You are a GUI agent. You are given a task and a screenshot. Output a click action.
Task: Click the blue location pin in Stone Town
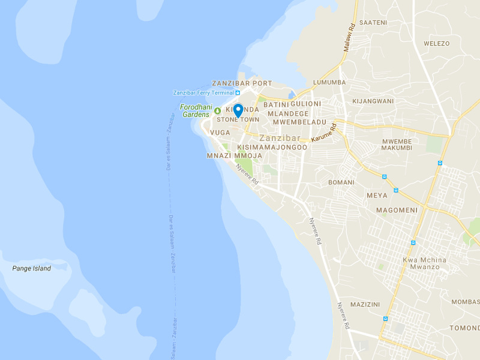tap(238, 110)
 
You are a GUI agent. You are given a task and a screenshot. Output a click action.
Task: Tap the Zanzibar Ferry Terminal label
tap(203, 92)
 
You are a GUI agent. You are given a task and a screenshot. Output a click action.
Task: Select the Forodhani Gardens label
tap(194, 110)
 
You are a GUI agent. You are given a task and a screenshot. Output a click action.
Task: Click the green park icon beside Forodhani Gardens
tap(217, 110)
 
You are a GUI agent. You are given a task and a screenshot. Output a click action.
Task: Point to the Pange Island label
tap(32, 268)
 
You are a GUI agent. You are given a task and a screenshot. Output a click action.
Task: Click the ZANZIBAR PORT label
tap(242, 83)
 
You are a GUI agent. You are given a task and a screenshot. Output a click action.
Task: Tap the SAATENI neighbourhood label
tap(373, 22)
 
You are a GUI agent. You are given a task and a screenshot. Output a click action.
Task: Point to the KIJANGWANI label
tap(373, 101)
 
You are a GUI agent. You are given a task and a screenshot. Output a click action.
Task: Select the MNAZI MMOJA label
tap(234, 155)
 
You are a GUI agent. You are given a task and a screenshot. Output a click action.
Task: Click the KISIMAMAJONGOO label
tap(272, 147)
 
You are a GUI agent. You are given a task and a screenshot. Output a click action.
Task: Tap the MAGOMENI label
tap(396, 209)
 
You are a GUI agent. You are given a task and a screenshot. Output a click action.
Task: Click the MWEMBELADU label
tap(299, 122)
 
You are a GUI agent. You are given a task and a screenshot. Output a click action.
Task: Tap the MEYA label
tap(376, 196)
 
